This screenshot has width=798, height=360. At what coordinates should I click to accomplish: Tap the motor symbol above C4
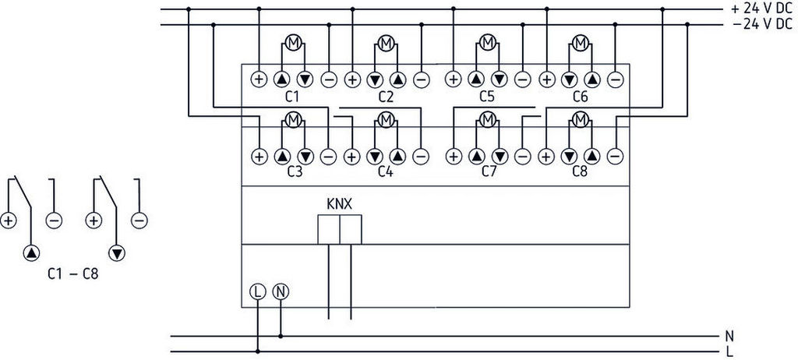[x=385, y=119]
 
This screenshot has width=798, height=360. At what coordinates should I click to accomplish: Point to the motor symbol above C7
[x=488, y=119]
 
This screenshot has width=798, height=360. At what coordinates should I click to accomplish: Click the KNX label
[x=340, y=204]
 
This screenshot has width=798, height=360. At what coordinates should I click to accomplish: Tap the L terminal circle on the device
[x=258, y=291]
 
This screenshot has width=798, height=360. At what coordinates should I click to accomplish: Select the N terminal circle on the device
[x=281, y=291]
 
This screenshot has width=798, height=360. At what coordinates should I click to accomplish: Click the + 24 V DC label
[x=761, y=8]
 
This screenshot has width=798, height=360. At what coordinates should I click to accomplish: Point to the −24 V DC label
[x=761, y=23]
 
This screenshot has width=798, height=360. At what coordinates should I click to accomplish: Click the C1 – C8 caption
[x=72, y=275]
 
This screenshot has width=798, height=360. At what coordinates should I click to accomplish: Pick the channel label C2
[x=386, y=97]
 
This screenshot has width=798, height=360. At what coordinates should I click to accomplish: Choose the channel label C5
[x=488, y=97]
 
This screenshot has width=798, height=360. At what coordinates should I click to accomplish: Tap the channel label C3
[x=293, y=171]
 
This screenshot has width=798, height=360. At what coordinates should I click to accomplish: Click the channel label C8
[x=580, y=171]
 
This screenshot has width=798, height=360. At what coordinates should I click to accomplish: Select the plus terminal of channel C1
[x=259, y=79]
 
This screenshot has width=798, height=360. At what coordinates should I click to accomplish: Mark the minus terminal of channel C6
[x=614, y=79]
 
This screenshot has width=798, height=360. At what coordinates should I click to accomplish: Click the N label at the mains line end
[x=729, y=337]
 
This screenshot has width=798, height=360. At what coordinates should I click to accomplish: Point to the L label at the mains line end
[x=729, y=352]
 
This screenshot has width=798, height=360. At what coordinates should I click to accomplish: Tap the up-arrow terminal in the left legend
[x=30, y=252]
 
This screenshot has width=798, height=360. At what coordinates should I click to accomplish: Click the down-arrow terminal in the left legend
[x=117, y=252]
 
